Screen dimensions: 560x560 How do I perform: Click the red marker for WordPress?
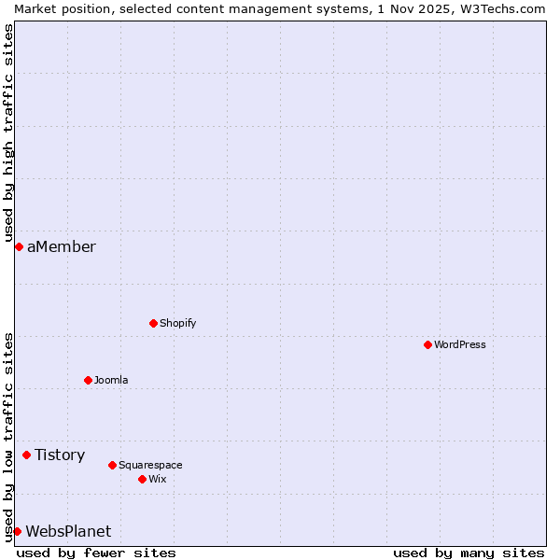(428, 344)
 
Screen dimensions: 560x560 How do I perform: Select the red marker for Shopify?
(154, 323)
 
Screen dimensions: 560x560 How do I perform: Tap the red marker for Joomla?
(89, 380)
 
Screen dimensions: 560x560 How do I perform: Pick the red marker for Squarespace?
(113, 465)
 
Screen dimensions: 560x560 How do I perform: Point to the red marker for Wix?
(143, 479)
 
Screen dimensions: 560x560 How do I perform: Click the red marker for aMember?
(19, 246)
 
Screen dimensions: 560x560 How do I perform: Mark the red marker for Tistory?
(27, 455)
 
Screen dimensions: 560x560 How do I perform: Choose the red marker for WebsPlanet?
(17, 531)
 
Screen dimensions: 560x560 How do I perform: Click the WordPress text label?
(460, 344)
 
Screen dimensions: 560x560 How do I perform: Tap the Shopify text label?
(178, 323)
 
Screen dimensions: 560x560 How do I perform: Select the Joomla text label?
(111, 380)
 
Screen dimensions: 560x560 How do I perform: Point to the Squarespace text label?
(150, 465)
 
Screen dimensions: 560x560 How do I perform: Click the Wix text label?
(158, 479)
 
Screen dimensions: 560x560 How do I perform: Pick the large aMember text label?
(62, 246)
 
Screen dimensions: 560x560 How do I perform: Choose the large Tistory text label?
(60, 455)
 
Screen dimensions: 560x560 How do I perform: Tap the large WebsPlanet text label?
(68, 531)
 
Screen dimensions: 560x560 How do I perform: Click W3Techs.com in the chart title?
(503, 8)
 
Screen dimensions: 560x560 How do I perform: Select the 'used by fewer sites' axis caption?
(96, 553)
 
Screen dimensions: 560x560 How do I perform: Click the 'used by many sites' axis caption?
(469, 553)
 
